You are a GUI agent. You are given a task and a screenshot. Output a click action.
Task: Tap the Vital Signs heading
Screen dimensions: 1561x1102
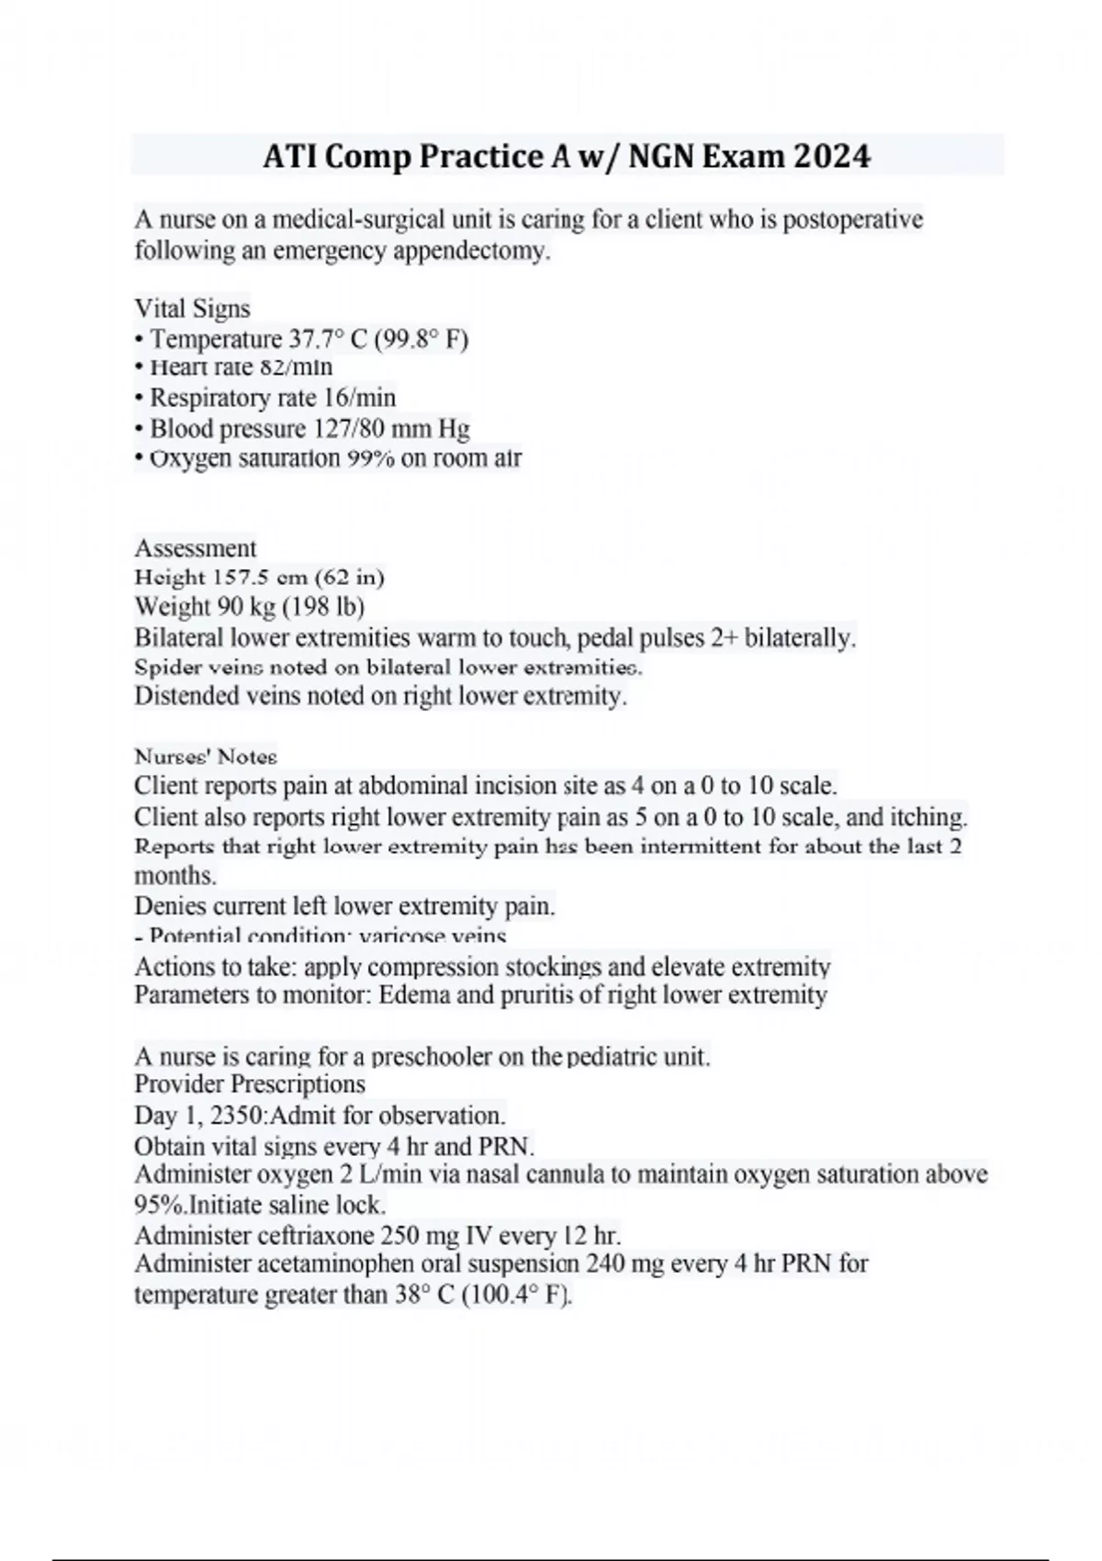click(x=192, y=309)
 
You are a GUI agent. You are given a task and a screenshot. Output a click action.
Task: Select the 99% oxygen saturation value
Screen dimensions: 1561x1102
click(x=370, y=458)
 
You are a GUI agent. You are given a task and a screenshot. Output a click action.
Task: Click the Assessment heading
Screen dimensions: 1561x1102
click(x=195, y=548)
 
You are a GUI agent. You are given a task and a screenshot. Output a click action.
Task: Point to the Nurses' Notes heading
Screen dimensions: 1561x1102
click(x=206, y=757)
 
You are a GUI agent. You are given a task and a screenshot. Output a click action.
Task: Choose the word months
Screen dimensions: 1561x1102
click(x=174, y=875)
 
